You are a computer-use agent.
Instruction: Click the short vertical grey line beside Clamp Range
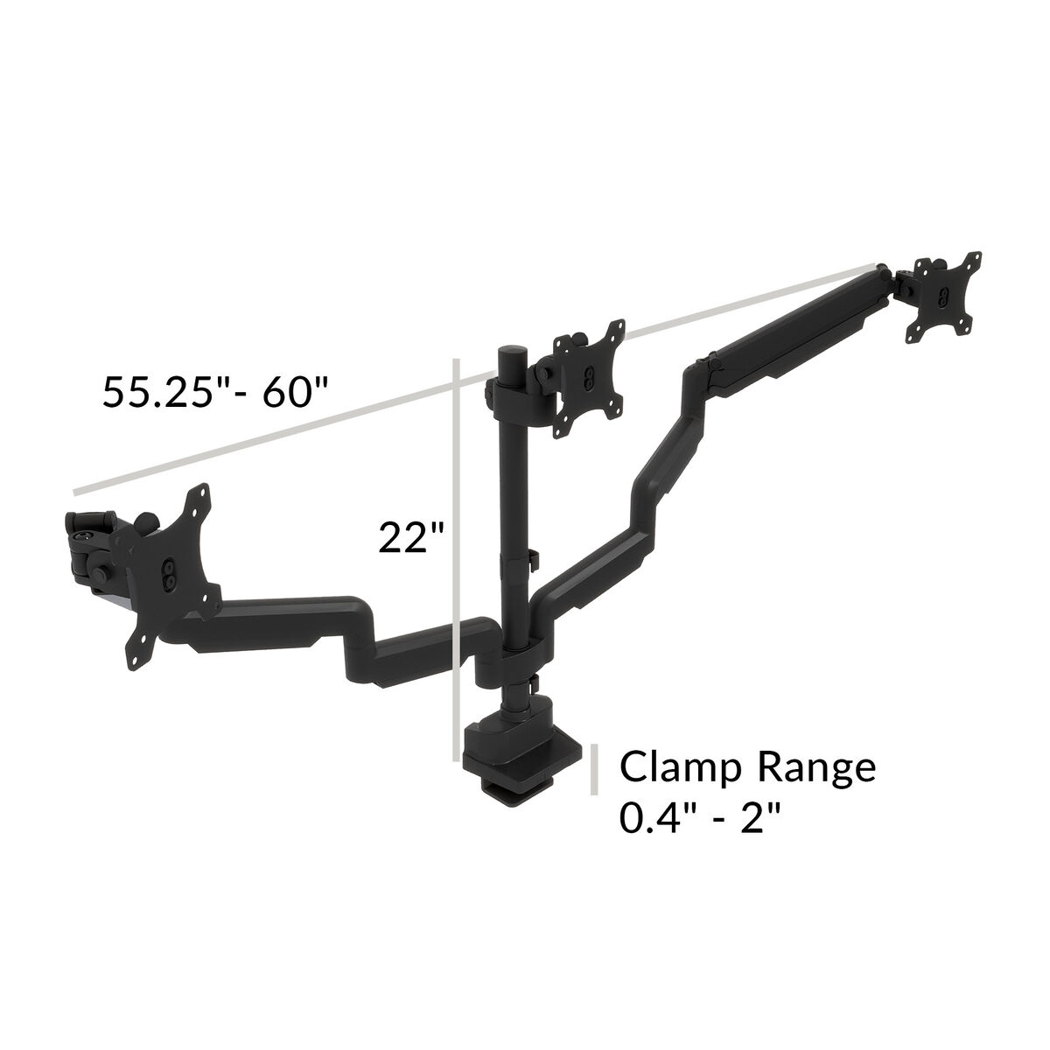point(596,769)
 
